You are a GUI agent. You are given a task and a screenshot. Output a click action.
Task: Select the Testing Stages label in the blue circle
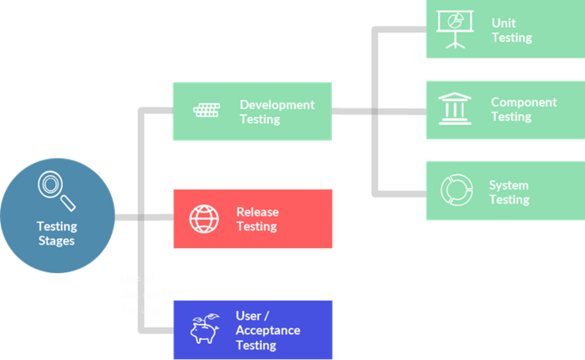[x=57, y=233]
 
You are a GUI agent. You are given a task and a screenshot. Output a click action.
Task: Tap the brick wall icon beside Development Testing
[x=206, y=110]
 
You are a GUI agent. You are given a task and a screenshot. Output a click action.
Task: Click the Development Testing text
[x=276, y=111]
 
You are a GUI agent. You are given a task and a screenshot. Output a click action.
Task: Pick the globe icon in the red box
[x=204, y=219]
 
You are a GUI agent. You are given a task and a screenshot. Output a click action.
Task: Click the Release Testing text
[x=257, y=219]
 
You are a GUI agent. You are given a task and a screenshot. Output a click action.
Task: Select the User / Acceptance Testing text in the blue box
[x=267, y=330]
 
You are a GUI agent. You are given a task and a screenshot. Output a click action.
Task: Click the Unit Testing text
[x=511, y=30]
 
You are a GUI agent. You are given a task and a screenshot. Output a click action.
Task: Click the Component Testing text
[x=523, y=109]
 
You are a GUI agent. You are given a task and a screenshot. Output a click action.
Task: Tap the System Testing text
[x=509, y=192]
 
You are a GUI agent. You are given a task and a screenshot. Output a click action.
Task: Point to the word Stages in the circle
[x=57, y=241]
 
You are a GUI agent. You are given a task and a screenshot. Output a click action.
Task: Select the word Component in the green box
[x=523, y=102]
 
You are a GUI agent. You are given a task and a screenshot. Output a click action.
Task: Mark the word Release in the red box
[x=257, y=211]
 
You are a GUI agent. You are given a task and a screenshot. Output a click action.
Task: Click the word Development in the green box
[x=276, y=105]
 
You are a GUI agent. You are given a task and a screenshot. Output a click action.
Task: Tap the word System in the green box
[x=508, y=185]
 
